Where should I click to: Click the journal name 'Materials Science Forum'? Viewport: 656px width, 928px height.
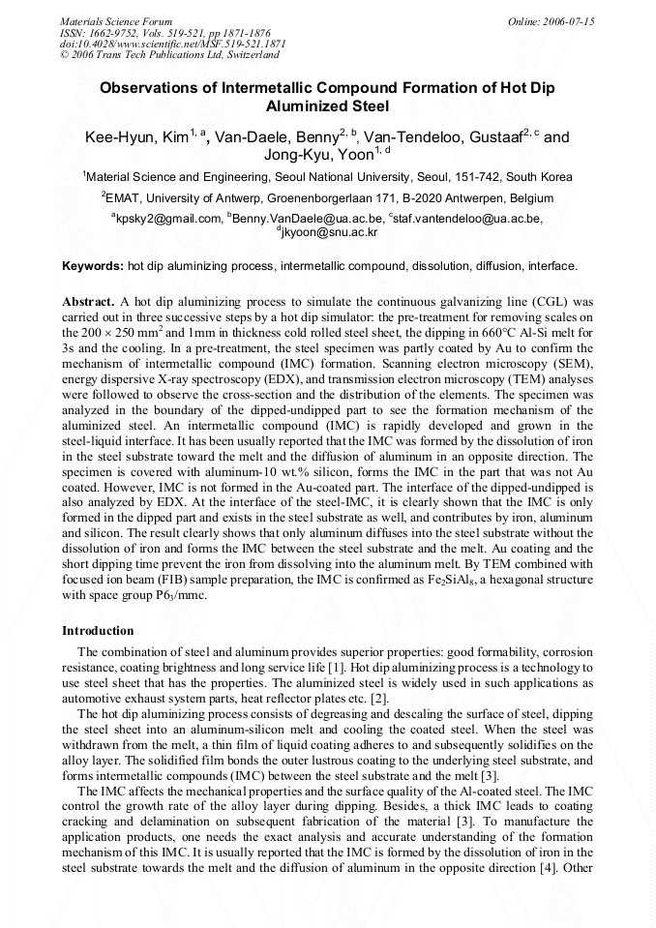point(116,21)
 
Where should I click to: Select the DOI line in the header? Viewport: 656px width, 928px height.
point(172,44)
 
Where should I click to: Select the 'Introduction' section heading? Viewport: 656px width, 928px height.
point(98,630)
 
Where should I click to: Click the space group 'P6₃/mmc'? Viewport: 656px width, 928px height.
point(179,596)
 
